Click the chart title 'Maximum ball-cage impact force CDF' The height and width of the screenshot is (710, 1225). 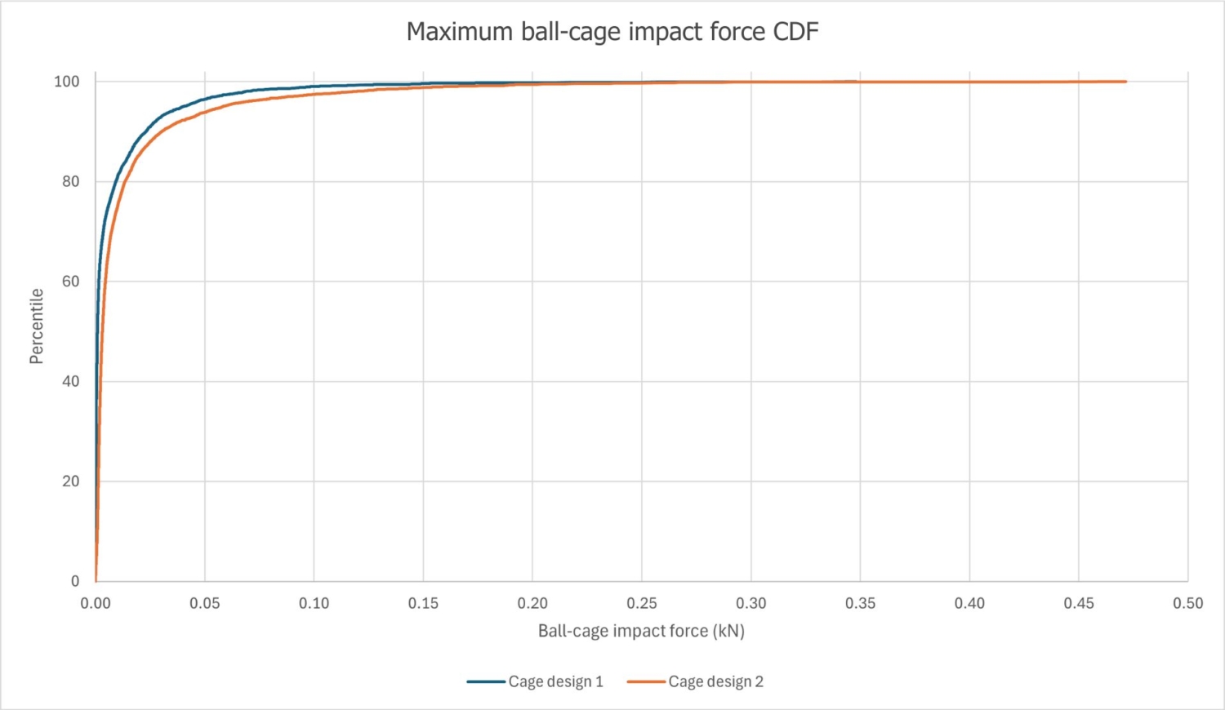tap(612, 32)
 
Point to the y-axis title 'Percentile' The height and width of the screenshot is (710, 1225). tap(36, 326)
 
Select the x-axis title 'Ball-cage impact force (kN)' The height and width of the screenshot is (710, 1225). tap(641, 631)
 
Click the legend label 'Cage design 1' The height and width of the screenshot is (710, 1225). tap(555, 681)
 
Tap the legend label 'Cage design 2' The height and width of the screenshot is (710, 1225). tap(715, 681)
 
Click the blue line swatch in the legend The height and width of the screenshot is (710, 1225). tap(486, 681)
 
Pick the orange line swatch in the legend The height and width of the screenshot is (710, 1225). tap(646, 681)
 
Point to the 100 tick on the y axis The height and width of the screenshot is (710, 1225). tap(67, 82)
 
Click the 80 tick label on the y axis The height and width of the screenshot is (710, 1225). tap(71, 181)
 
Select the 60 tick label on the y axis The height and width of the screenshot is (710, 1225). tap(71, 282)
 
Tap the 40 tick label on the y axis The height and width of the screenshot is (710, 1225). tap(71, 381)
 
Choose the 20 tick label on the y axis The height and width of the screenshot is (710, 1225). tap(71, 481)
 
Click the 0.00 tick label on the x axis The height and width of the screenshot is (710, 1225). tap(96, 603)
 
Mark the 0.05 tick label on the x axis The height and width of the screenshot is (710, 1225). tap(205, 603)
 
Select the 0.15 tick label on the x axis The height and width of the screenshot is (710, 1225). tap(423, 603)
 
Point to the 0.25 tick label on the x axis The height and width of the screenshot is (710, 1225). tap(642, 603)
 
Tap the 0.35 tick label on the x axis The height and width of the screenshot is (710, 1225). tap(860, 603)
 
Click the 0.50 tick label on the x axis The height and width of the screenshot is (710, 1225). tap(1187, 603)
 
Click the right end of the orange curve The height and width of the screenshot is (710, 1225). tap(1125, 82)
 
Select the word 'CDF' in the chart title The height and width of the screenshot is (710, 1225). tap(796, 32)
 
